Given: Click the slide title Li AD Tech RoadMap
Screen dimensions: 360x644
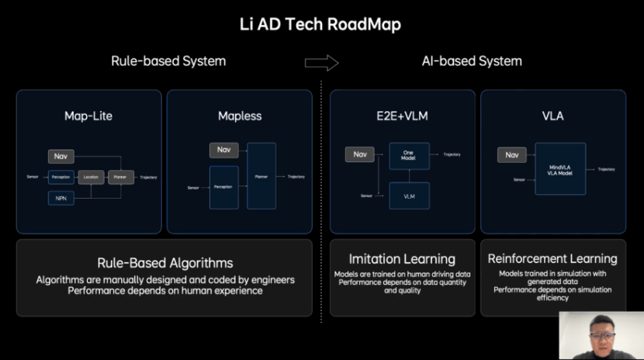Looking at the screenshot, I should (x=320, y=24).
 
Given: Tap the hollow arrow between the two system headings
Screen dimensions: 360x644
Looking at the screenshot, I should (x=321, y=62).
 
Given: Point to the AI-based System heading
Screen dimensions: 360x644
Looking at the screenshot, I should (x=472, y=61).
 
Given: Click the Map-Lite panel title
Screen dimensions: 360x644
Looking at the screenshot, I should (x=88, y=116).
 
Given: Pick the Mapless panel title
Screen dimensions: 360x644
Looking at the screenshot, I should (x=240, y=116).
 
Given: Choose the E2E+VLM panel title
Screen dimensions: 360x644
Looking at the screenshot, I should (x=403, y=116).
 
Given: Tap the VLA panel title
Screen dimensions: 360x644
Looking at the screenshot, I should (x=553, y=116).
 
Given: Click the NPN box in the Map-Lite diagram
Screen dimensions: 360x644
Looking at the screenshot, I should (x=61, y=199).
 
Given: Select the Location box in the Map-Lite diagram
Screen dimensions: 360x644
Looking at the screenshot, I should (x=91, y=177).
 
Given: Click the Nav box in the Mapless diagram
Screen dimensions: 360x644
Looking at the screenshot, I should (x=223, y=150).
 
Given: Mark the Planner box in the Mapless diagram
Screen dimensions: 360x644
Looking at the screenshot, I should (x=261, y=176).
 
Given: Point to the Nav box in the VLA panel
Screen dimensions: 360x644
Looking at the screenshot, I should (x=511, y=155).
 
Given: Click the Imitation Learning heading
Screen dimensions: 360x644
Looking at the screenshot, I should (x=402, y=259).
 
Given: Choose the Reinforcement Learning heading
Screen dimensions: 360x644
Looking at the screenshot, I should (x=552, y=258).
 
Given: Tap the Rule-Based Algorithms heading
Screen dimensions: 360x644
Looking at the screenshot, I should (x=164, y=263).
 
